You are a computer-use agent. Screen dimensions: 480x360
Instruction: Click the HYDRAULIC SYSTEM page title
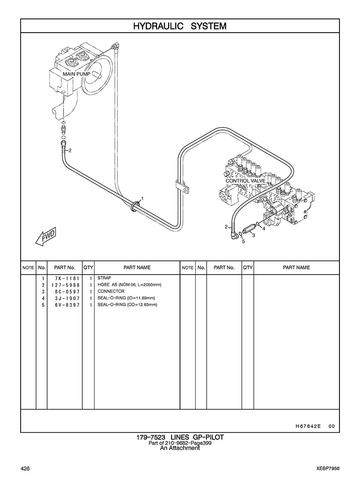pyautogui.click(x=180, y=26)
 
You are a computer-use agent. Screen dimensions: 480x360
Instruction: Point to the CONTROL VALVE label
pyautogui.click(x=246, y=181)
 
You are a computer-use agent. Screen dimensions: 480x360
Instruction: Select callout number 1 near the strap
pyautogui.click(x=142, y=199)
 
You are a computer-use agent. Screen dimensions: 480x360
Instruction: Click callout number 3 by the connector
pyautogui.click(x=254, y=235)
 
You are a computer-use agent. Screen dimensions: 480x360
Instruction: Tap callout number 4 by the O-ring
pyautogui.click(x=264, y=229)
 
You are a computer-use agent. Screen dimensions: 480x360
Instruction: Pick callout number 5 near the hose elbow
pyautogui.click(x=243, y=242)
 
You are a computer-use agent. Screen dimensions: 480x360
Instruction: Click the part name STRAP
pyautogui.click(x=104, y=278)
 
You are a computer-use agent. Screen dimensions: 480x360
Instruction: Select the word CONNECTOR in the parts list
pyautogui.click(x=111, y=291)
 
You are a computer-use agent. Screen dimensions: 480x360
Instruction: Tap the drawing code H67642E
pyautogui.click(x=308, y=426)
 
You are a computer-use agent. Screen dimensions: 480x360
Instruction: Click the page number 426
pyautogui.click(x=24, y=468)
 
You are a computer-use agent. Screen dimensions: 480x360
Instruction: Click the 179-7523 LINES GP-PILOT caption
pyautogui.click(x=180, y=437)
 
